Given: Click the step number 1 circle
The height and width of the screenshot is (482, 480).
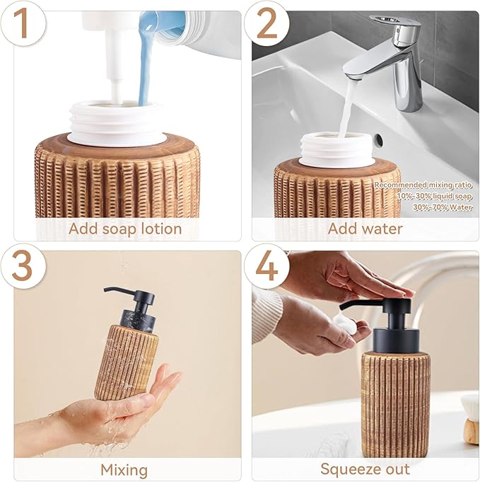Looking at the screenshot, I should (23, 23).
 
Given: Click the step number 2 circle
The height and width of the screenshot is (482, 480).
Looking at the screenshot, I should (267, 23).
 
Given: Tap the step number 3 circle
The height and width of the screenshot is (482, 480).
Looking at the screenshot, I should (23, 266).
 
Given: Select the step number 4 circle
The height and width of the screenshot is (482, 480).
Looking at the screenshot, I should (267, 266).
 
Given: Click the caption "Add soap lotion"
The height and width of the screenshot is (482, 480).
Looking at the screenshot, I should (125, 229).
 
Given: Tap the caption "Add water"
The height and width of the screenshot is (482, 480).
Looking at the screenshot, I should (365, 229).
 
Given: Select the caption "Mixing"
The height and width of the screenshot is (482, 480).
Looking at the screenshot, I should (124, 469).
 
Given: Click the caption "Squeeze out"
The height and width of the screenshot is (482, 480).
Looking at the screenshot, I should (365, 469).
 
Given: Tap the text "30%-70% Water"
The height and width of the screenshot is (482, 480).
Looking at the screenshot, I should (442, 207).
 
